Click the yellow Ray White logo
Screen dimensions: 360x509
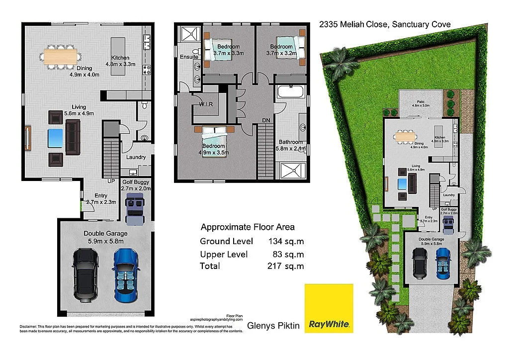pyautogui.click(x=329, y=308)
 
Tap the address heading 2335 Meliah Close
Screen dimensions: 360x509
pyautogui.click(x=385, y=24)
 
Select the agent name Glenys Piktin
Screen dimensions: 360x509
pyautogui.click(x=273, y=325)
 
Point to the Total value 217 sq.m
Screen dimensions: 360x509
pyautogui.click(x=285, y=266)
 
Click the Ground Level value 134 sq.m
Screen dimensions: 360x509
pyautogui.click(x=285, y=242)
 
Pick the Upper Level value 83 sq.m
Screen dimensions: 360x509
pyautogui.click(x=288, y=254)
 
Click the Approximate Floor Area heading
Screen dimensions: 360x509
pyautogui.click(x=248, y=227)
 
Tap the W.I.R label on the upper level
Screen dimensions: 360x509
pyautogui.click(x=206, y=104)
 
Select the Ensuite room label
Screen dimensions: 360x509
pyautogui.click(x=189, y=57)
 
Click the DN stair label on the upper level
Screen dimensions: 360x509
pyautogui.click(x=266, y=120)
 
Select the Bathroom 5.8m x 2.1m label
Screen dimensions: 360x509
pyautogui.click(x=291, y=145)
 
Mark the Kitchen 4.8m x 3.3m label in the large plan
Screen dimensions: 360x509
pyautogui.click(x=120, y=61)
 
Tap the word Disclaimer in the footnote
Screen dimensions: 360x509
pyautogui.click(x=28, y=327)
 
